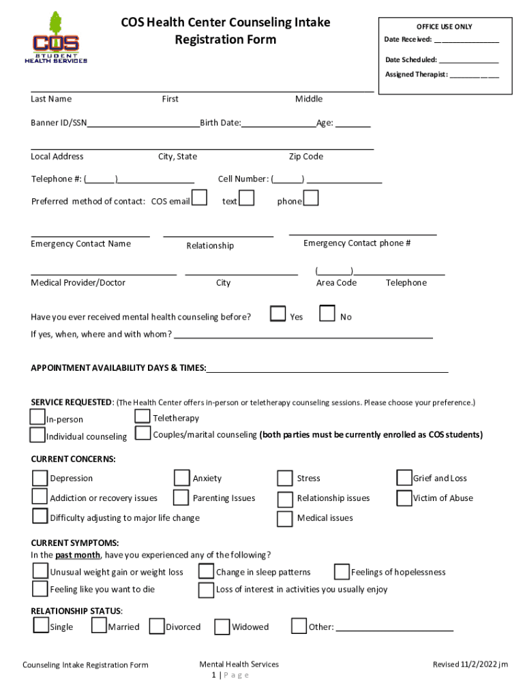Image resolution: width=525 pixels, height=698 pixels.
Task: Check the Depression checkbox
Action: tap(40, 478)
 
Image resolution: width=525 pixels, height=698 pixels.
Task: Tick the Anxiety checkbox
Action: tap(182, 478)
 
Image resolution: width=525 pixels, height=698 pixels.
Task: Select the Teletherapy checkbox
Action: tap(142, 416)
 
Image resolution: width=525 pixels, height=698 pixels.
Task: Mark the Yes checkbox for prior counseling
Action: tap(277, 314)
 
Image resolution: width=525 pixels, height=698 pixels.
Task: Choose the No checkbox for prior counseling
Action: tap(327, 314)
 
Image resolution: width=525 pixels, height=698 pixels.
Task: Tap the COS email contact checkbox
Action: tap(200, 198)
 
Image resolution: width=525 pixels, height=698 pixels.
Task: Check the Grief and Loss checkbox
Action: tap(404, 478)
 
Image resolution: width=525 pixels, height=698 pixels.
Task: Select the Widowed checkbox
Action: tap(222, 626)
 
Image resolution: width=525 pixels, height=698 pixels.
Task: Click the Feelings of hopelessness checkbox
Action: tap(342, 571)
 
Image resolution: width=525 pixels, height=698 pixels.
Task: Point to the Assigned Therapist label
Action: tap(416, 74)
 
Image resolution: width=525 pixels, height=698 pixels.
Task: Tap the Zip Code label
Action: tap(306, 157)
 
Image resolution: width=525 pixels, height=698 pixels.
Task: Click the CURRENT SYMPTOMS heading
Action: tap(75, 543)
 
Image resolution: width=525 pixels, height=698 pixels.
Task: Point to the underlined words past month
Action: tap(77, 555)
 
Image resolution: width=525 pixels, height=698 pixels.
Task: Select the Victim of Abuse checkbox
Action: tap(404, 498)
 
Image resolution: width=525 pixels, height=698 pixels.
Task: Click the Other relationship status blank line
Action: tap(395, 627)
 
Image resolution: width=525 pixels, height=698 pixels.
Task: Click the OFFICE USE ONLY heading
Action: tap(445, 27)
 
